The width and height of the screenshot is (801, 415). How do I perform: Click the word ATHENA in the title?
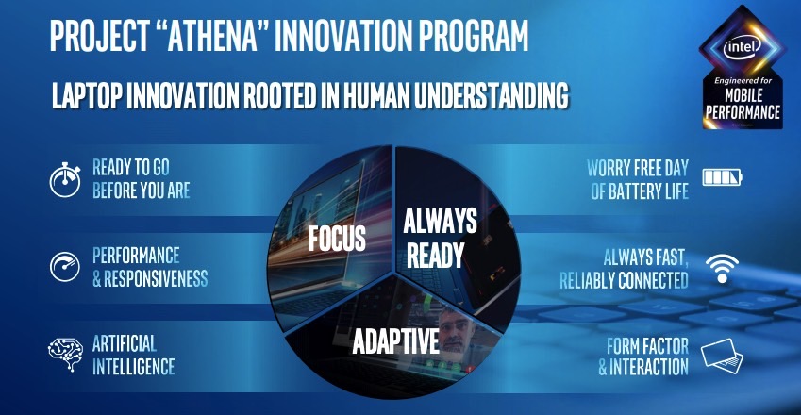click(x=212, y=36)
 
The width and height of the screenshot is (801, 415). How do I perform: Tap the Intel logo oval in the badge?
click(x=742, y=47)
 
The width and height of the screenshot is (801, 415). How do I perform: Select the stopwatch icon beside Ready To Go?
click(x=65, y=180)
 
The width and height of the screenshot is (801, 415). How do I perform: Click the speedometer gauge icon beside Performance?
click(x=65, y=267)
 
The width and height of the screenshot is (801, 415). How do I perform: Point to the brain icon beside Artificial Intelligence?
click(x=65, y=354)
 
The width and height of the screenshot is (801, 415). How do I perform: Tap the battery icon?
click(x=722, y=177)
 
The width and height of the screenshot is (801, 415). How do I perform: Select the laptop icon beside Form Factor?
click(x=722, y=356)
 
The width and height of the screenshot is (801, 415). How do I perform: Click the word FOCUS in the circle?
click(x=337, y=238)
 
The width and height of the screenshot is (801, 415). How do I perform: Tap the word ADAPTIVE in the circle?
click(x=396, y=341)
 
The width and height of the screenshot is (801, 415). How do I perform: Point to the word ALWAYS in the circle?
click(x=440, y=221)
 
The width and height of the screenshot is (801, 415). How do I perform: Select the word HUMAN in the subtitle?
click(x=377, y=95)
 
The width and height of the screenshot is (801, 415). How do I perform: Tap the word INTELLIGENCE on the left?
click(x=133, y=367)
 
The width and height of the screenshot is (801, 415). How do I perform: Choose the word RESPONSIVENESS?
click(x=156, y=278)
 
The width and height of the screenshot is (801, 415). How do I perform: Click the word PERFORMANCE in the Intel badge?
click(x=743, y=112)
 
